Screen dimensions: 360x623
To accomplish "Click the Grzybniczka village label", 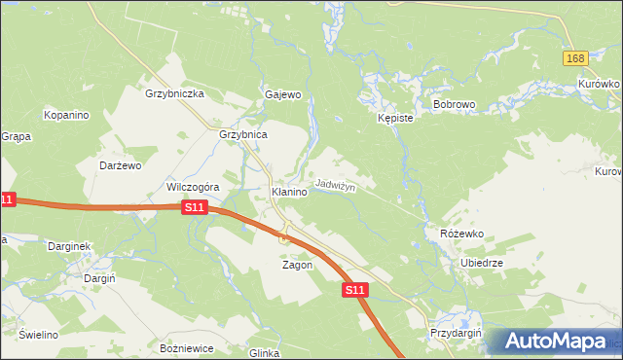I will coord(173,93).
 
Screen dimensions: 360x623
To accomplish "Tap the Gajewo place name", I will coord(283,94).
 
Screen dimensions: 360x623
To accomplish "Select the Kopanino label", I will coord(66,115).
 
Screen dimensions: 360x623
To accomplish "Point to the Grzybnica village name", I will coord(243,135).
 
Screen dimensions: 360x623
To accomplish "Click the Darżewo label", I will coord(122,165).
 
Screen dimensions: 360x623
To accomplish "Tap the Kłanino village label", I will coord(289,193).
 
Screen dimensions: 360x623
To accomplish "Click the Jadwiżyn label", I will coord(335,184).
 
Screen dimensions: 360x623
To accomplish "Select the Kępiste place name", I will coord(395,118).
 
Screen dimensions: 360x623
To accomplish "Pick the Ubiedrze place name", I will coord(481,263).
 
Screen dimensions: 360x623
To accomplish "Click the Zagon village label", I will coord(297,265).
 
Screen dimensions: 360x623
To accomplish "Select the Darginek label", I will coord(69,246).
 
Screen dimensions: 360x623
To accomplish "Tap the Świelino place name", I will coord(38,335).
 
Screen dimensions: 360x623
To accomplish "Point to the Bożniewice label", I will coord(186,347).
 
